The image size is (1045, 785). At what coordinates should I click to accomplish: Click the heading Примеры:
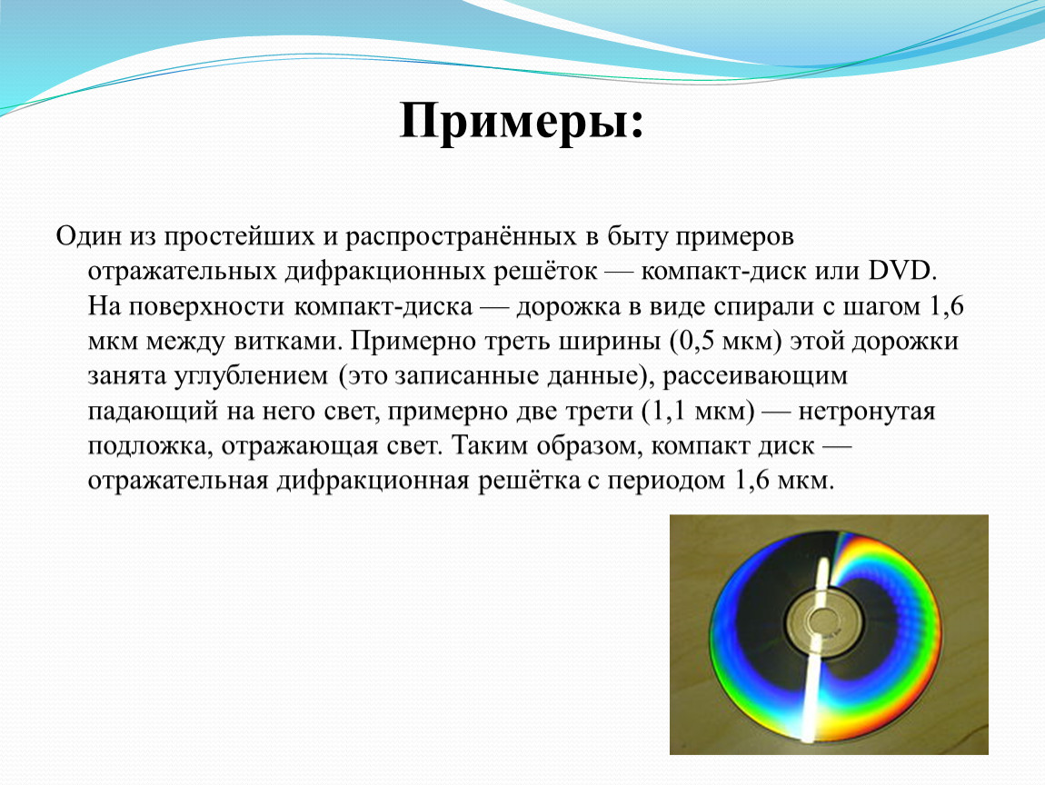point(522,122)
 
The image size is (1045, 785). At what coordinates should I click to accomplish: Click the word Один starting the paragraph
point(89,236)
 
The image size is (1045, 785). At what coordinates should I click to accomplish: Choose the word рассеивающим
point(754,376)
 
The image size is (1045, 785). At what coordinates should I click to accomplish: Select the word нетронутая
point(866,412)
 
